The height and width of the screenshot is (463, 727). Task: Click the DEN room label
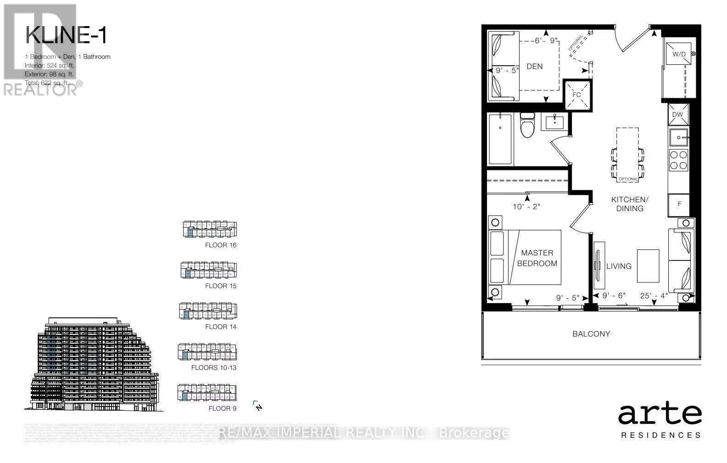[x=534, y=67]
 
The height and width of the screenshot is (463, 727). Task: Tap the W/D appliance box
[x=678, y=55]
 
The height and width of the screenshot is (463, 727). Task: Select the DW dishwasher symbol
[x=678, y=115]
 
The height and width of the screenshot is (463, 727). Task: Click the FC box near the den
[x=576, y=95]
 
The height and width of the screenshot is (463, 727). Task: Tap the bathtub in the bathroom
[x=500, y=139]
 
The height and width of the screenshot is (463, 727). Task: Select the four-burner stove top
[x=678, y=160]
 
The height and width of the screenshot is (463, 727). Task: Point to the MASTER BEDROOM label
[x=537, y=258]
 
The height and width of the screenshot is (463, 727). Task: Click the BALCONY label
[x=591, y=334]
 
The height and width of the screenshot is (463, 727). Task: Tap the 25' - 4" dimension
[x=654, y=296]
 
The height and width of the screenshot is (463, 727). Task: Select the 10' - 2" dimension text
[x=526, y=207]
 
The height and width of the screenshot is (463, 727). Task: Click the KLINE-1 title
[x=66, y=35]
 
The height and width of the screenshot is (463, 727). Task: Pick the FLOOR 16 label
[x=221, y=245]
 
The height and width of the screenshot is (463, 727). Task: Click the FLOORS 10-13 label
[x=214, y=367]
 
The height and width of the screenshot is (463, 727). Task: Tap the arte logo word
[x=660, y=415]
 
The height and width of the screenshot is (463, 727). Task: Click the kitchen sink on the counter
[x=678, y=137]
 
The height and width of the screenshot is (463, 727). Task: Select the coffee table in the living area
[x=648, y=266]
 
